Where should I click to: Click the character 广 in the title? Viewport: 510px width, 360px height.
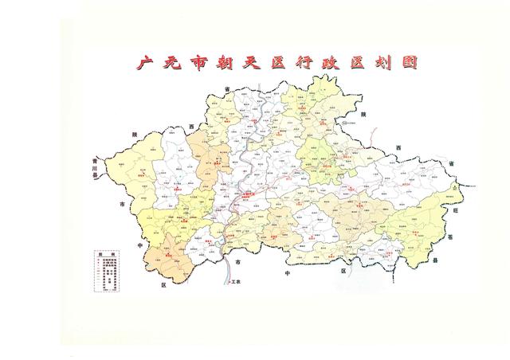[x=145, y=64]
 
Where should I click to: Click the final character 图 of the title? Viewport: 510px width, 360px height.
[x=409, y=64]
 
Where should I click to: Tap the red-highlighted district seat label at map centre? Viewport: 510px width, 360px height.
[x=249, y=194]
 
